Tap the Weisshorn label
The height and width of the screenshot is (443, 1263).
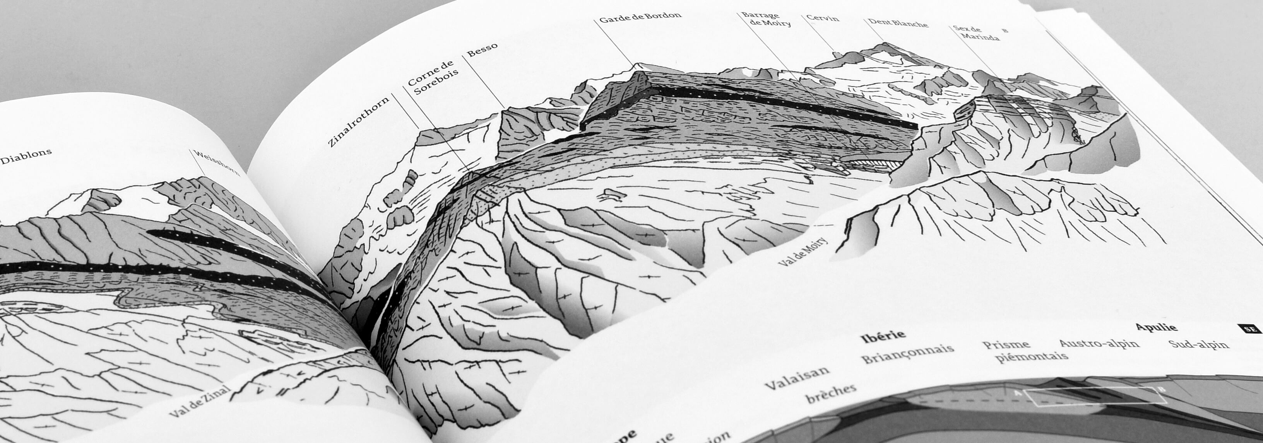point(217,163)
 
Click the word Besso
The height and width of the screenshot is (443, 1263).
point(482,49)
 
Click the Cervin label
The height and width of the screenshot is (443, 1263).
point(823,18)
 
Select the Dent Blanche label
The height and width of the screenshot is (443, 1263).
point(898,23)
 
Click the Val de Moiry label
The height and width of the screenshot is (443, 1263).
point(802,251)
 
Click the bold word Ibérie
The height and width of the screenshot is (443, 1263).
point(883,337)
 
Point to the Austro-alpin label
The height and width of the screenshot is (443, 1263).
point(1099,342)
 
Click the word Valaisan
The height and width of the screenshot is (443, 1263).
point(796,378)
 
